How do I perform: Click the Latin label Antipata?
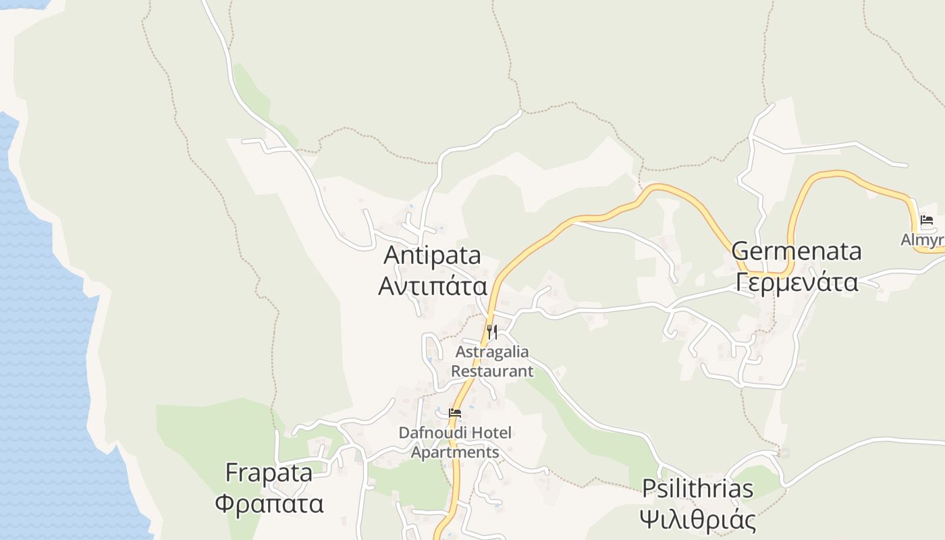point(432,255)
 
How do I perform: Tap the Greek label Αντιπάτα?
point(432,286)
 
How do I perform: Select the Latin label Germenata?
point(796,251)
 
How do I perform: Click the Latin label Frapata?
point(269,473)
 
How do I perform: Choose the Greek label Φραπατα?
point(269,504)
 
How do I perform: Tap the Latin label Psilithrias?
point(697,488)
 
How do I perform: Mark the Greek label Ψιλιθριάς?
point(697,520)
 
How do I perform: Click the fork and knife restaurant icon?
point(492,331)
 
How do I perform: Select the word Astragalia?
point(492,352)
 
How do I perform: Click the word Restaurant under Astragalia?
point(492,371)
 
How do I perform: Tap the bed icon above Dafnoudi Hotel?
point(455,412)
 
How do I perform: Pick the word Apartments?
point(455,452)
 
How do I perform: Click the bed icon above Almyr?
point(926,220)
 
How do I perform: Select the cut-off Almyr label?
point(923,240)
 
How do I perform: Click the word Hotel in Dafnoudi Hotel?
point(489,432)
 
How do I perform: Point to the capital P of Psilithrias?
point(649,488)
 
